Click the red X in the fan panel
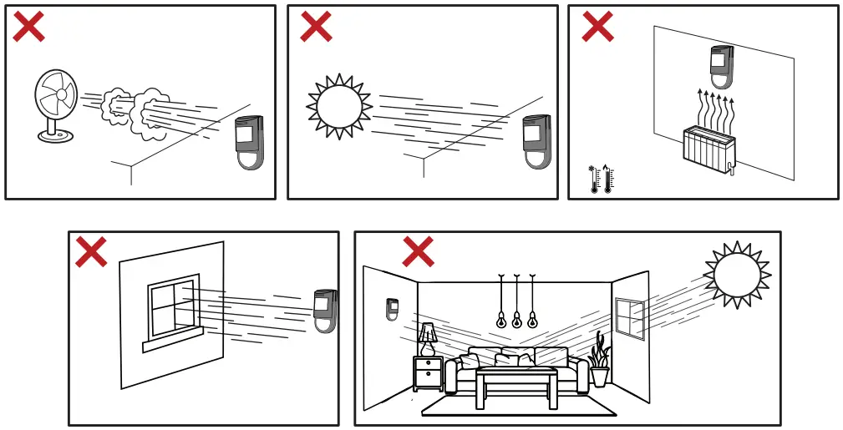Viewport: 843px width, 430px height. point(28,27)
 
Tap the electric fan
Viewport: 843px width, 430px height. point(56,105)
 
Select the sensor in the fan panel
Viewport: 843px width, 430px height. point(249,142)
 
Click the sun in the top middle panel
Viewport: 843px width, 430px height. point(339,106)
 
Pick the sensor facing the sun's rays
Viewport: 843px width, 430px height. point(536,141)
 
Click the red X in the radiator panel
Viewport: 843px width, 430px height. point(597,27)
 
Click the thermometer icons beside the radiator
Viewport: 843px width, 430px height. point(602,179)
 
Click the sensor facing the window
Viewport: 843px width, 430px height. point(325,311)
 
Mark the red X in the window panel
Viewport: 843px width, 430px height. point(91,251)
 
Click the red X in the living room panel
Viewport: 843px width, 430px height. point(418,251)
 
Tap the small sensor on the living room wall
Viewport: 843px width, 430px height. point(392,309)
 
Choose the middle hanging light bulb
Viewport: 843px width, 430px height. point(516,318)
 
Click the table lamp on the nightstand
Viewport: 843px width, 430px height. point(428,339)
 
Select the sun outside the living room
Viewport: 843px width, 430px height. point(737,275)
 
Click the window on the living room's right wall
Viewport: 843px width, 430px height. point(630,318)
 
